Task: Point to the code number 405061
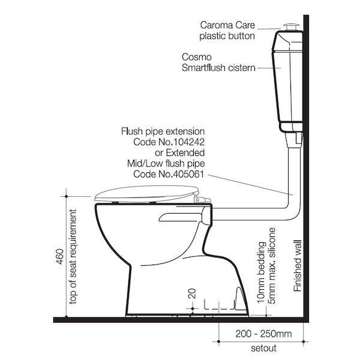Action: pos(187,174)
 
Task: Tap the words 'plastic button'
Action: pos(228,35)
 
